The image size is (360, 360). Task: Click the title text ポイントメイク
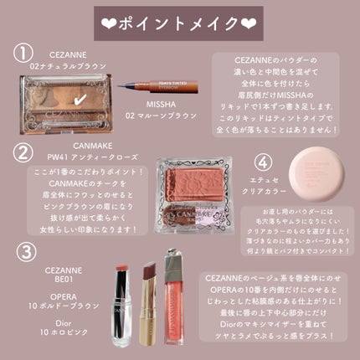pos(180,19)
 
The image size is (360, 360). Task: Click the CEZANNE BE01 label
pos(57,274)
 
